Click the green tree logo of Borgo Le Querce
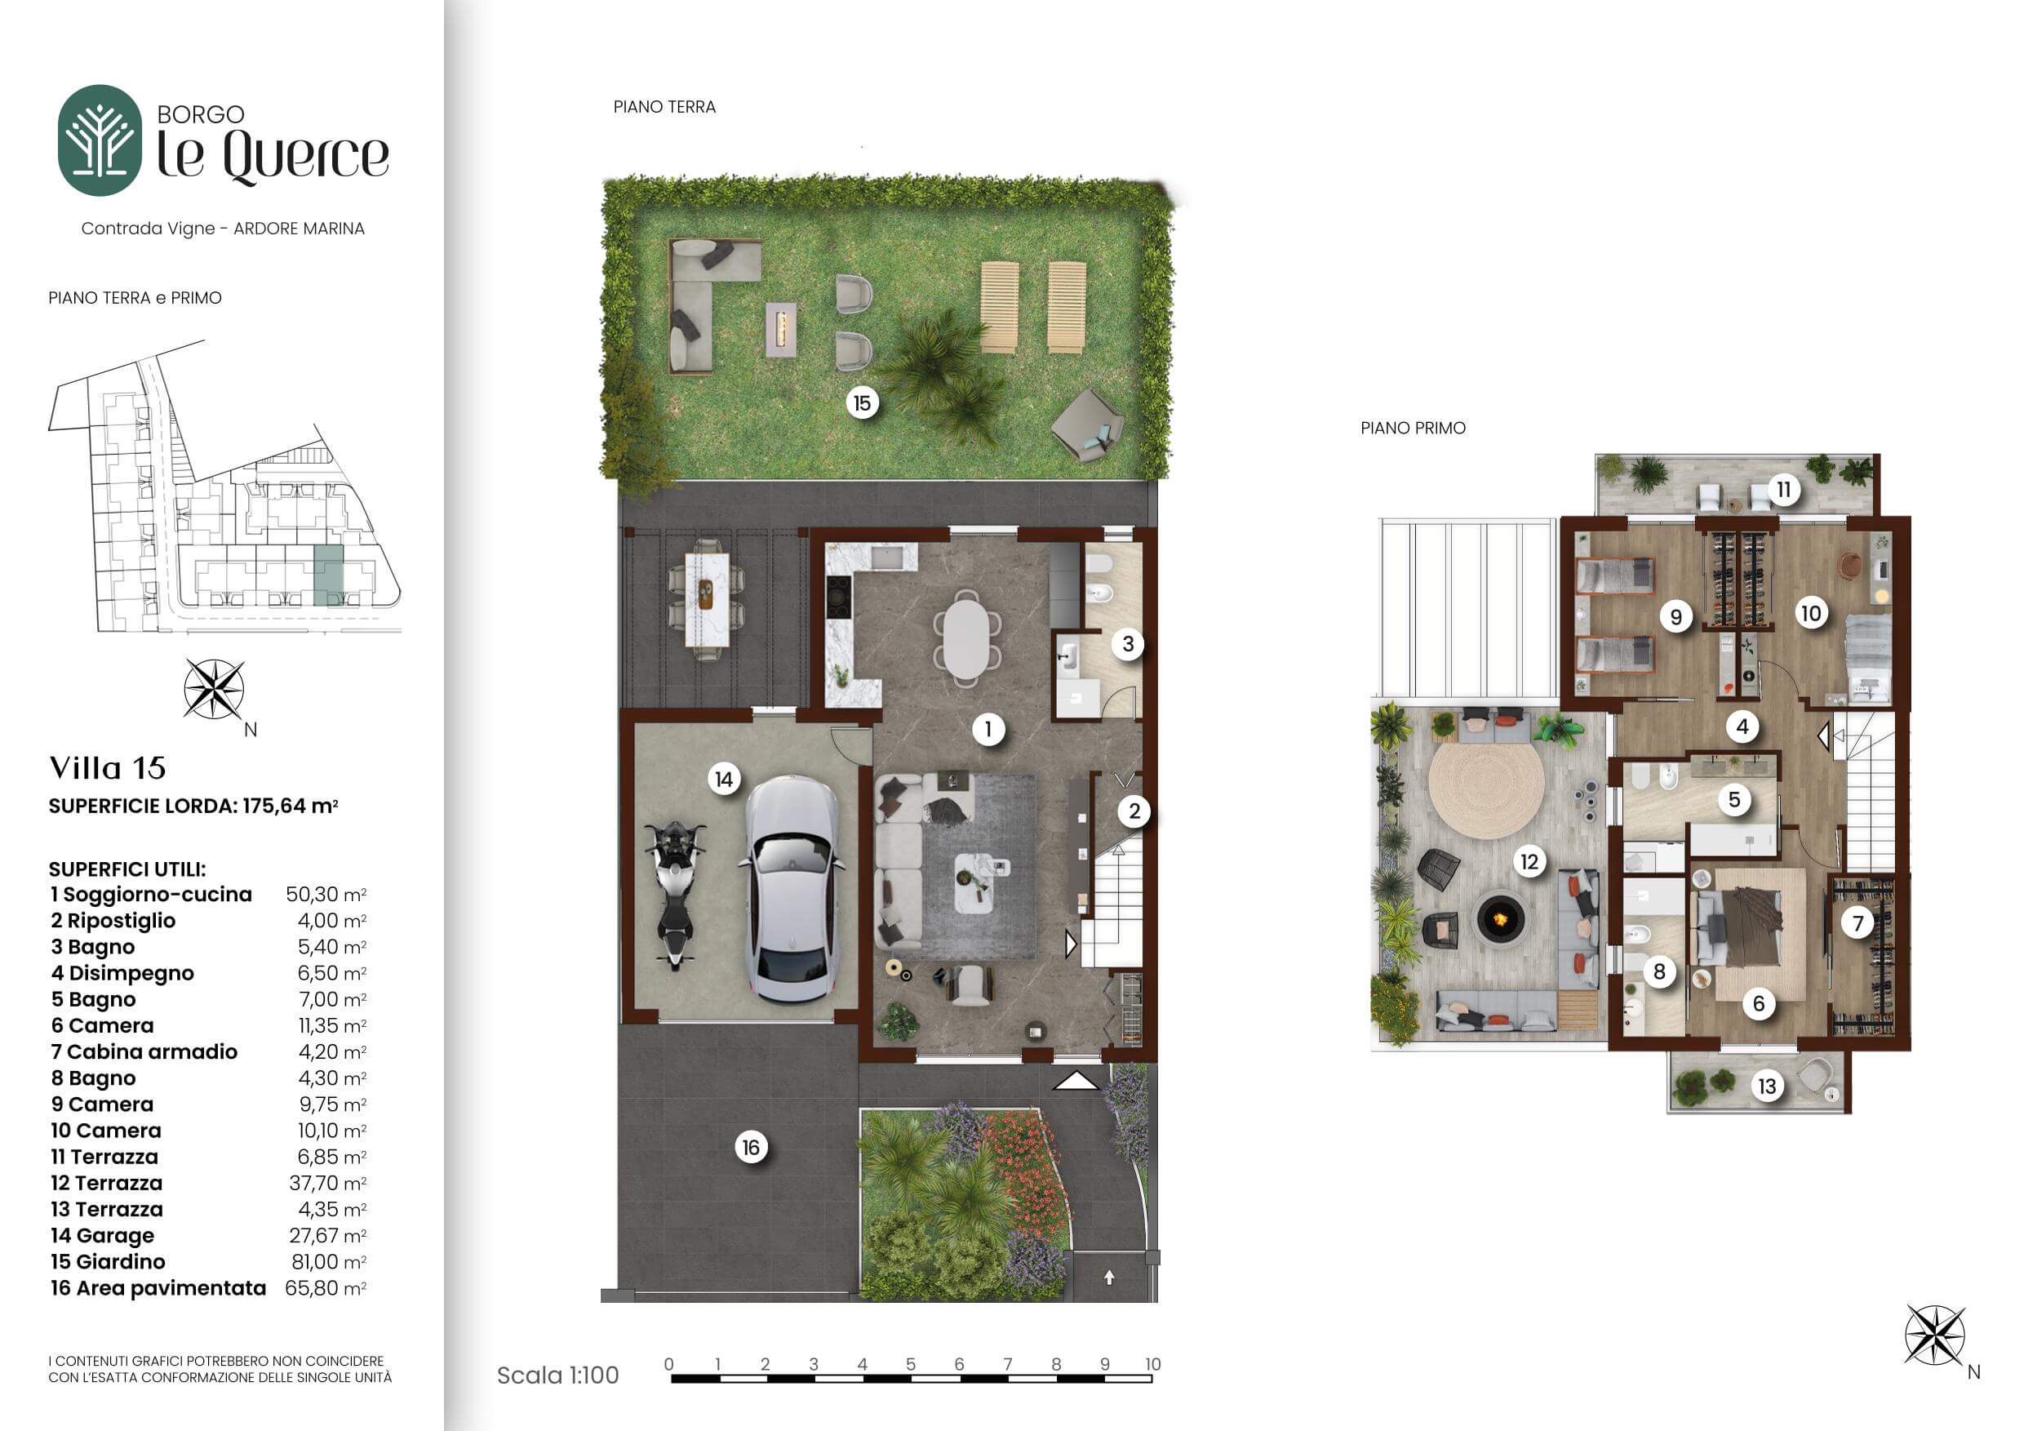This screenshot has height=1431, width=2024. click(x=100, y=140)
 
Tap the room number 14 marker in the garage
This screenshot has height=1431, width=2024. click(x=724, y=780)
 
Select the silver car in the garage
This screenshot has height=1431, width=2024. click(x=792, y=888)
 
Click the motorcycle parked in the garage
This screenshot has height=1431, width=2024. click(x=674, y=894)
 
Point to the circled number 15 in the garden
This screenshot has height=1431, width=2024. click(x=861, y=404)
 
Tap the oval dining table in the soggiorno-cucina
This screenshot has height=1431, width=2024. click(x=967, y=638)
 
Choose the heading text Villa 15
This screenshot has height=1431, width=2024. click(x=108, y=768)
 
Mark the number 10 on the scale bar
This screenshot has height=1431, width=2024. click(x=1152, y=1364)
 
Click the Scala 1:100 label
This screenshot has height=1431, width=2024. click(x=558, y=1375)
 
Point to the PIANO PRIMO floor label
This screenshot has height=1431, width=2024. click(x=1413, y=429)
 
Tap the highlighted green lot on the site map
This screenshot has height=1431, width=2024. click(x=329, y=575)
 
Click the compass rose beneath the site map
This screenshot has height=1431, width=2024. click(x=214, y=690)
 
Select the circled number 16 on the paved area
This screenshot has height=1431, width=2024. click(x=750, y=1147)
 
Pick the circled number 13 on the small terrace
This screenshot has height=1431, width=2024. click(x=1768, y=1087)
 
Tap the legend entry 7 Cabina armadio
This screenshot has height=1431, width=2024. click(x=144, y=1052)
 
